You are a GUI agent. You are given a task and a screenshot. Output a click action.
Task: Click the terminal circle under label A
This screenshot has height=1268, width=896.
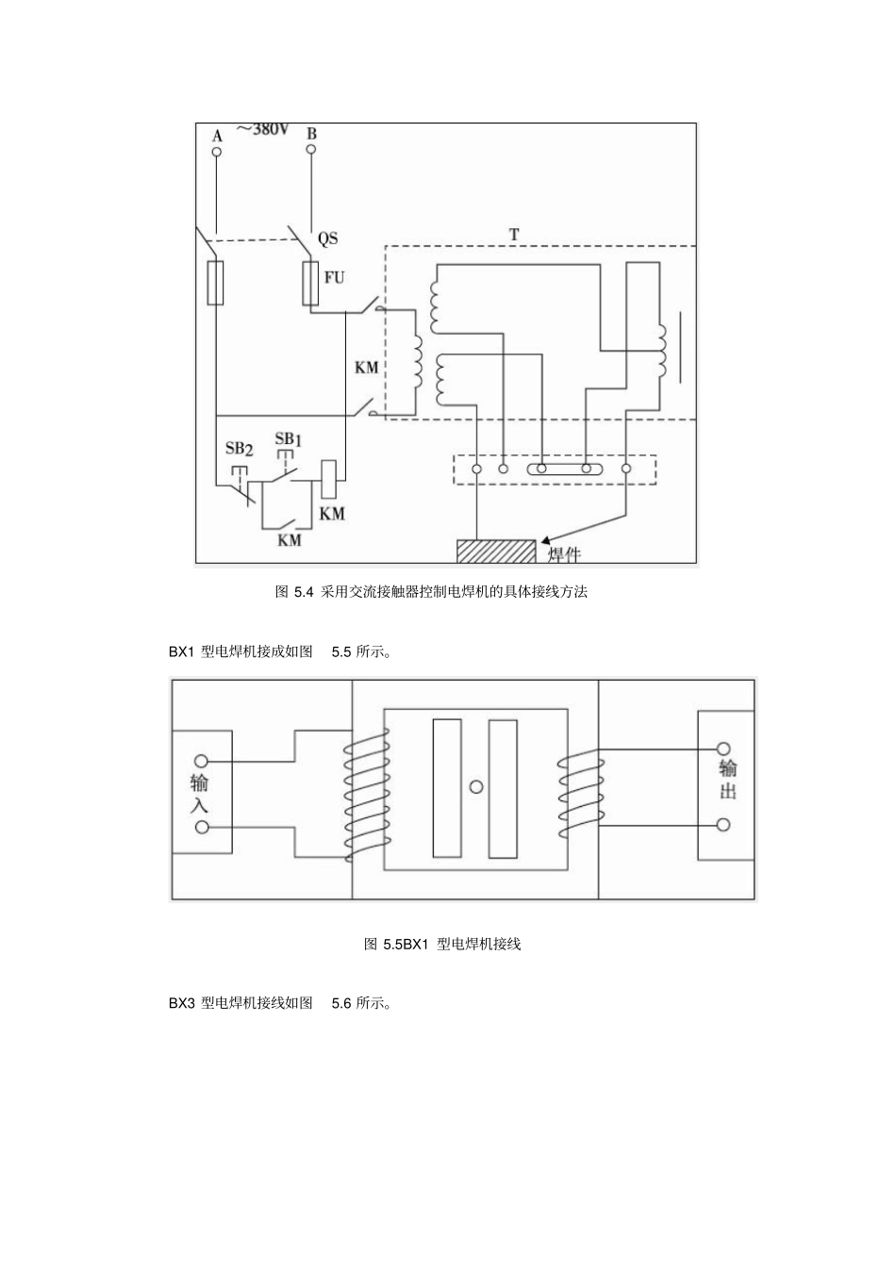pos(216,152)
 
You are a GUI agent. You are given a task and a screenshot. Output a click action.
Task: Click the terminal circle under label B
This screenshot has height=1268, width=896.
pos(311,150)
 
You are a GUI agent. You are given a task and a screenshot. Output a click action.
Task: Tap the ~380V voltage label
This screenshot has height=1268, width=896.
pos(263,130)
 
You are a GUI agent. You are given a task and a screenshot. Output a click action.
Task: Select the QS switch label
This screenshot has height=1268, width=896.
pos(328,239)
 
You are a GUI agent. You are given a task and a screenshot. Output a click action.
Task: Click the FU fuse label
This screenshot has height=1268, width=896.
pos(334,277)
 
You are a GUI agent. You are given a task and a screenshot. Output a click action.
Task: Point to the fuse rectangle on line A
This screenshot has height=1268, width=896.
pos(215,283)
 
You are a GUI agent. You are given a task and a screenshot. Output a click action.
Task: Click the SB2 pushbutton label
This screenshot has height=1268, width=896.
pos(239,449)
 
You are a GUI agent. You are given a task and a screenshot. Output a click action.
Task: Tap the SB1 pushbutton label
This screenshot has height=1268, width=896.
pos(289,438)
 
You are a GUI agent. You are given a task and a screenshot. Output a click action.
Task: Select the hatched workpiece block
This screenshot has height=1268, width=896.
pos(496,551)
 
